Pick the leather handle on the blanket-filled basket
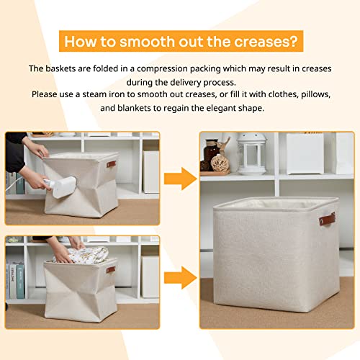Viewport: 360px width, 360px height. coord(110,271)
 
